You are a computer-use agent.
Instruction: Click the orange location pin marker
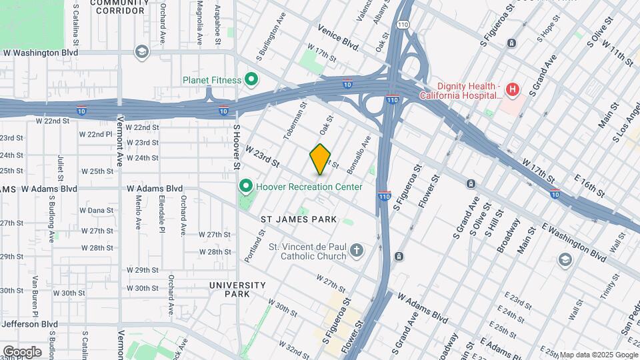pyautogui.click(x=321, y=159)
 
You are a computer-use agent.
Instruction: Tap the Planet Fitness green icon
pyautogui.click(x=251, y=81)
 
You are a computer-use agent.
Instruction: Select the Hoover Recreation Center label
pyautogui.click(x=309, y=187)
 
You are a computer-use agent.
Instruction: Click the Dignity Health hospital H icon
pyautogui.click(x=512, y=89)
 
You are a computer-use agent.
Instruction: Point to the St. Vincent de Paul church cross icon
pyautogui.click(x=357, y=251)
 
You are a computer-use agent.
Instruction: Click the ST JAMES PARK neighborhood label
pyautogui.click(x=298, y=219)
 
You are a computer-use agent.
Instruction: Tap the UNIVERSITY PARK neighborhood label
pyautogui.click(x=238, y=289)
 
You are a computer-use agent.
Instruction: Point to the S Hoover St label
pyautogui.click(x=236, y=145)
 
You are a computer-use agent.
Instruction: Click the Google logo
pyautogui.click(x=22, y=351)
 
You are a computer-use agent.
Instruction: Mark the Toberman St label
pyautogui.click(x=293, y=121)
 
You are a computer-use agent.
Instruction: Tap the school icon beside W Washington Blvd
pyautogui.click(x=141, y=52)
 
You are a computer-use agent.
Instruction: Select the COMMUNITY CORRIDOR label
pyautogui.click(x=120, y=7)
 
